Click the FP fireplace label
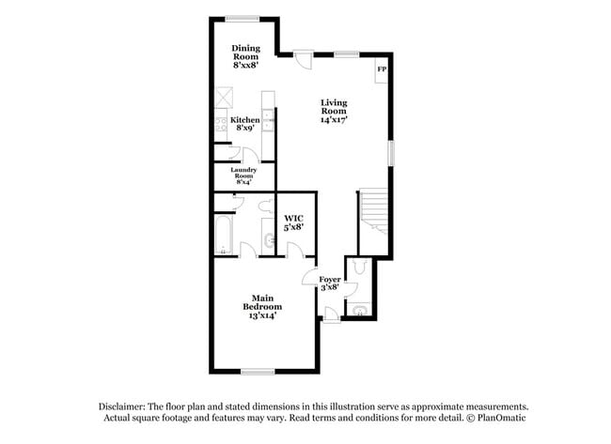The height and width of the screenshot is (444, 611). tap(382, 69)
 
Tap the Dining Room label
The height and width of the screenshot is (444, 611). tap(245, 56)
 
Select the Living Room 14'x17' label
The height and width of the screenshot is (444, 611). tap(334, 112)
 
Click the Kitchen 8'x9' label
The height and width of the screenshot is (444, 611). tap(245, 124)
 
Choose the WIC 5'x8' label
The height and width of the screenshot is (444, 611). tap(294, 222)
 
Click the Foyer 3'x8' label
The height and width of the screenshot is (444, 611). tap(330, 283)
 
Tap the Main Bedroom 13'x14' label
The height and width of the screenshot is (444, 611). tap(262, 307)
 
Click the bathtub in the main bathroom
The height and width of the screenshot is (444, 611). tap(224, 235)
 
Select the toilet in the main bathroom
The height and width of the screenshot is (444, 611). tap(267, 206)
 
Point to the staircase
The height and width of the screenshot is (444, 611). tap(373, 210)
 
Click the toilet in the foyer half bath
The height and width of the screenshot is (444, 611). tap(359, 266)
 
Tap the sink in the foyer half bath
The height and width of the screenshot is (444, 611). tap(359, 311)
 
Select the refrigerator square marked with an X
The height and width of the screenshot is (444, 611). tap(224, 98)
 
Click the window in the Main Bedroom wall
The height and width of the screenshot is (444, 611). tap(258, 372)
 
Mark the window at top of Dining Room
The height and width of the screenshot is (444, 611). tap(243, 18)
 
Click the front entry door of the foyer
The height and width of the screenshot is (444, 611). tap(331, 314)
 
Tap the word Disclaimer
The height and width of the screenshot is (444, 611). tap(122, 406)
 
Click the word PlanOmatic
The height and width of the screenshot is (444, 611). tap(502, 418)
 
